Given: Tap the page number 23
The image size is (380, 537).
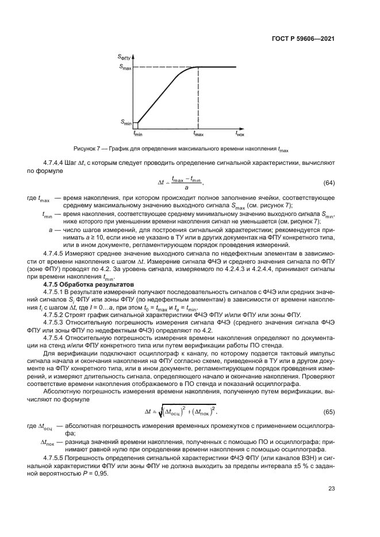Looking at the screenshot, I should click(x=331, y=489).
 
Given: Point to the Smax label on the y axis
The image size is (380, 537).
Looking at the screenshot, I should click(x=126, y=67).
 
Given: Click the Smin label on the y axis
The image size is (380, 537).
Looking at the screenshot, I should click(x=126, y=122).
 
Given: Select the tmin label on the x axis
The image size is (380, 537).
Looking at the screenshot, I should click(x=138, y=134).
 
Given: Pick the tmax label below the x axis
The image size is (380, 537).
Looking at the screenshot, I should click(x=198, y=134).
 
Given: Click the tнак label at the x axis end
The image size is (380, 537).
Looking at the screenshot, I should click(x=240, y=134).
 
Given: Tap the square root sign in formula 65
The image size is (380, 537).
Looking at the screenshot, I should click(x=163, y=411).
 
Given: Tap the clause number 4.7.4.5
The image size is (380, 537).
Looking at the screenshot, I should click(x=55, y=253).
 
